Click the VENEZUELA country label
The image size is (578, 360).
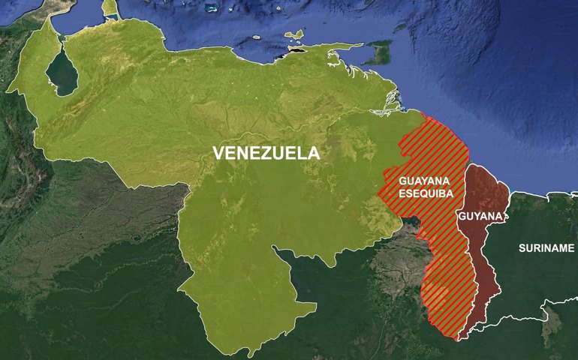click(266, 153)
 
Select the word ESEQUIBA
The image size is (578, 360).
click(420, 193)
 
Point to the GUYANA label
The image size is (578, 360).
click(480, 217)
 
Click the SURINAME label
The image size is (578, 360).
click(546, 247)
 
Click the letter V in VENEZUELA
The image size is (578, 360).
click(218, 153)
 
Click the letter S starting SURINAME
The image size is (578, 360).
click(522, 247)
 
